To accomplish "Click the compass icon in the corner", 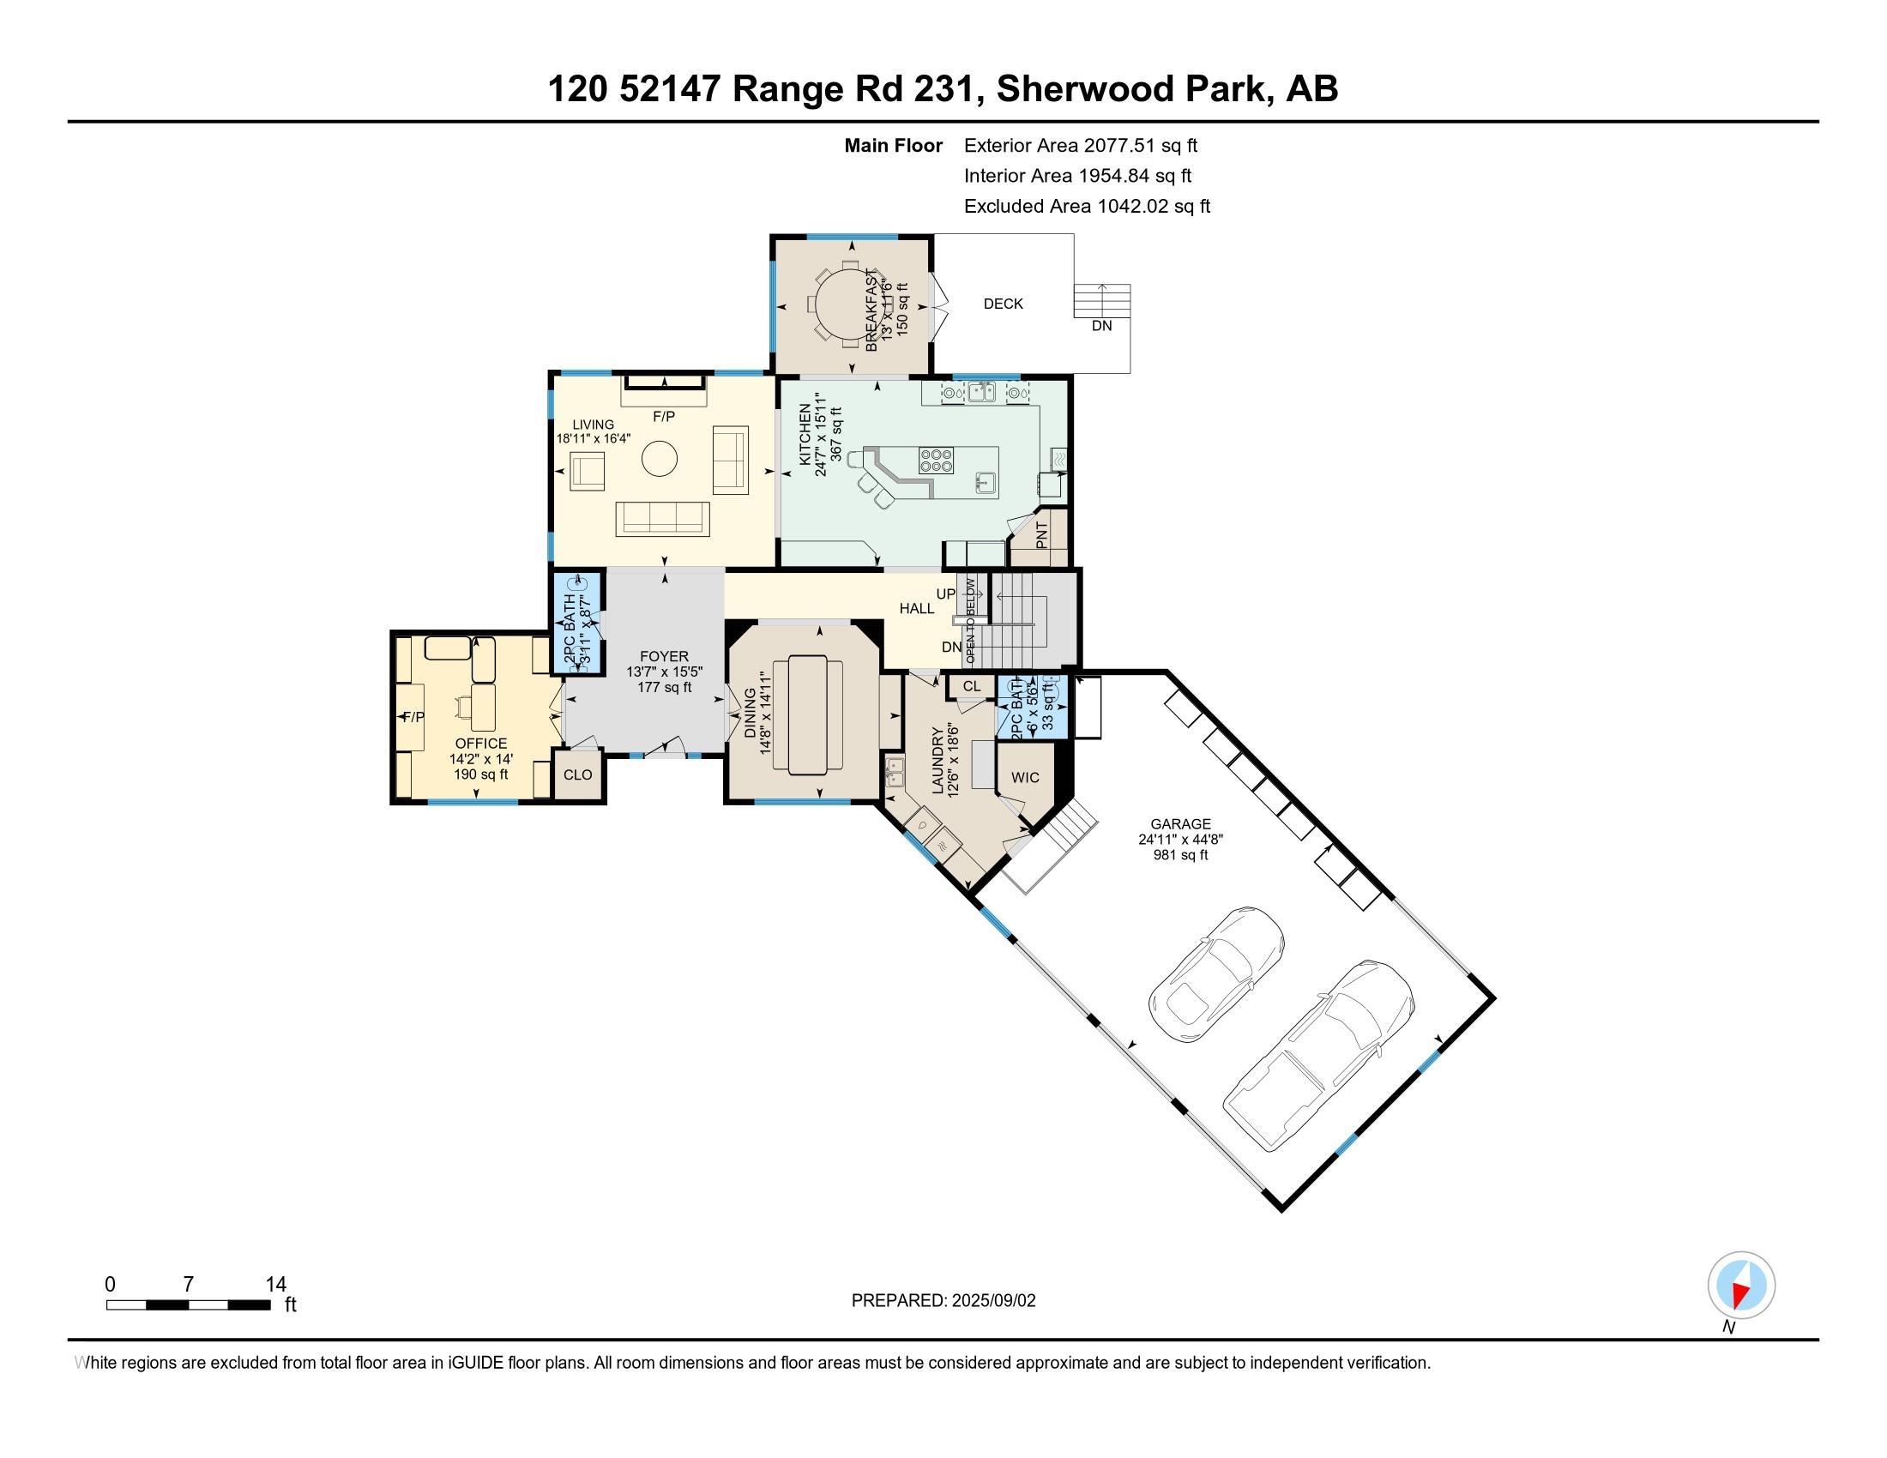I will pos(1741,1286).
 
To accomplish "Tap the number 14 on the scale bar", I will pos(275,1285).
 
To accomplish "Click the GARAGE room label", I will pos(1180,824).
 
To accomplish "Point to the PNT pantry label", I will pos(1041,535).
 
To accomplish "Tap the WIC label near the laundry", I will pos(1025,777).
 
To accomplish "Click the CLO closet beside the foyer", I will pos(577,774).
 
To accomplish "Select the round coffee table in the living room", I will pos(660,459).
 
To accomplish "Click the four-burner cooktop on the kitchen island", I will pos(937,460).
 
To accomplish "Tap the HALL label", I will pos(917,609).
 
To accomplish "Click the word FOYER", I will pos(664,656).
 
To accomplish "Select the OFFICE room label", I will pos(481,744).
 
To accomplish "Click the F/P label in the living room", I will pos(664,416).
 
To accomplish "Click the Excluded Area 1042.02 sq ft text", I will pos(1087,207).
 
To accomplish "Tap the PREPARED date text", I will pos(943,1301).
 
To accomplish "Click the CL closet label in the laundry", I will pos(971,687).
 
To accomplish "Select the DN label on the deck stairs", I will pos(1101,326).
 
